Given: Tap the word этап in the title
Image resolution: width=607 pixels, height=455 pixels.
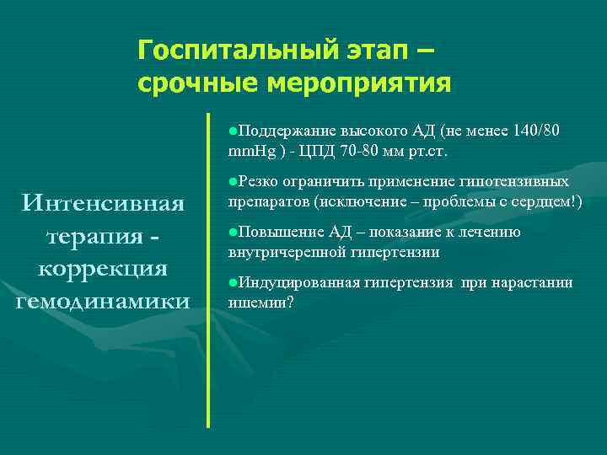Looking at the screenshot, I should (368, 51).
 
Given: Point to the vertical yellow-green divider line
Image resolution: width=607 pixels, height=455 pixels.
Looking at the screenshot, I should (207, 270).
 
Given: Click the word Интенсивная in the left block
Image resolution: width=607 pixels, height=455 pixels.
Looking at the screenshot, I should (104, 203).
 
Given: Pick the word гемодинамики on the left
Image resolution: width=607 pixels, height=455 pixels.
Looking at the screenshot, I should (104, 302).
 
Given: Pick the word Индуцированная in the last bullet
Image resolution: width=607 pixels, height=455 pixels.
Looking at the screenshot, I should (296, 282).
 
